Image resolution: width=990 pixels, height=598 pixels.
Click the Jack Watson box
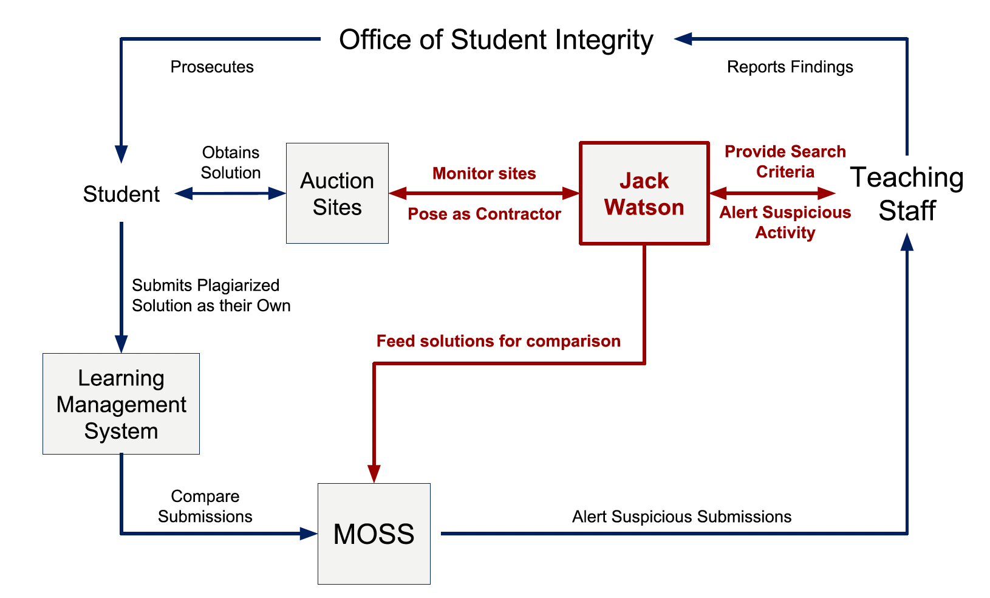pyautogui.click(x=644, y=193)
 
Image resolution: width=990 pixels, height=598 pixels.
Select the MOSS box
pyautogui.click(x=374, y=534)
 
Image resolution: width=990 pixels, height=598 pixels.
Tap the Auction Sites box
pyautogui.click(x=337, y=193)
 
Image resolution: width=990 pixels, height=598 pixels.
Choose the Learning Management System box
pyautogui.click(x=121, y=404)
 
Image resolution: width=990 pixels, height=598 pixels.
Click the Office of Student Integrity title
pyautogui.click(x=496, y=40)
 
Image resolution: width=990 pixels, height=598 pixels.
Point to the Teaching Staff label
pyautogui.click(x=907, y=193)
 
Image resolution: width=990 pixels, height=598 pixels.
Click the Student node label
pyautogui.click(x=121, y=194)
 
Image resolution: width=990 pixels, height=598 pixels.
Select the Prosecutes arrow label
pyautogui.click(x=212, y=67)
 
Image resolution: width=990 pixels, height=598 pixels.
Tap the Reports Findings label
pyautogui.click(x=790, y=67)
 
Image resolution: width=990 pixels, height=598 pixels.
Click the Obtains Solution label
pyautogui.click(x=231, y=162)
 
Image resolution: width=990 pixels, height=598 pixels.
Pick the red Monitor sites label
pyautogui.click(x=484, y=174)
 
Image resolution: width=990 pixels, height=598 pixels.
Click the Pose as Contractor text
pyautogui.click(x=484, y=214)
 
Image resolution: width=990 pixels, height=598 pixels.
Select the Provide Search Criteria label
pyautogui.click(x=785, y=162)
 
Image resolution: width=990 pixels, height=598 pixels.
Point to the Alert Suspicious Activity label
pyautogui.click(x=785, y=222)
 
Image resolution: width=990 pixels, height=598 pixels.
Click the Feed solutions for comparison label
pyautogui.click(x=498, y=341)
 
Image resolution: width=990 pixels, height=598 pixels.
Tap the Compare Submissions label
pyautogui.click(x=205, y=506)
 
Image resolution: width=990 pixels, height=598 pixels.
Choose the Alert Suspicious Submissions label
pyautogui.click(x=681, y=517)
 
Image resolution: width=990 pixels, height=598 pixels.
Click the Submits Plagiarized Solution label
pyautogui.click(x=211, y=295)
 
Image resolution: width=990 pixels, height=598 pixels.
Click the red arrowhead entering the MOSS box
pyautogui.click(x=374, y=473)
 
